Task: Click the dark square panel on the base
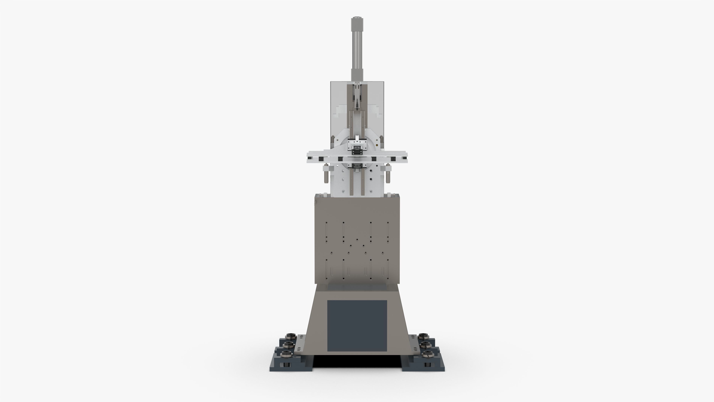(357, 326)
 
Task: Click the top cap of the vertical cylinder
(357, 21)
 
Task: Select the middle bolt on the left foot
(289, 344)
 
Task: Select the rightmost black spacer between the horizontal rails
(393, 159)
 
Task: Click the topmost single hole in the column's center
(357, 239)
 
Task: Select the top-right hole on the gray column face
(388, 223)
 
